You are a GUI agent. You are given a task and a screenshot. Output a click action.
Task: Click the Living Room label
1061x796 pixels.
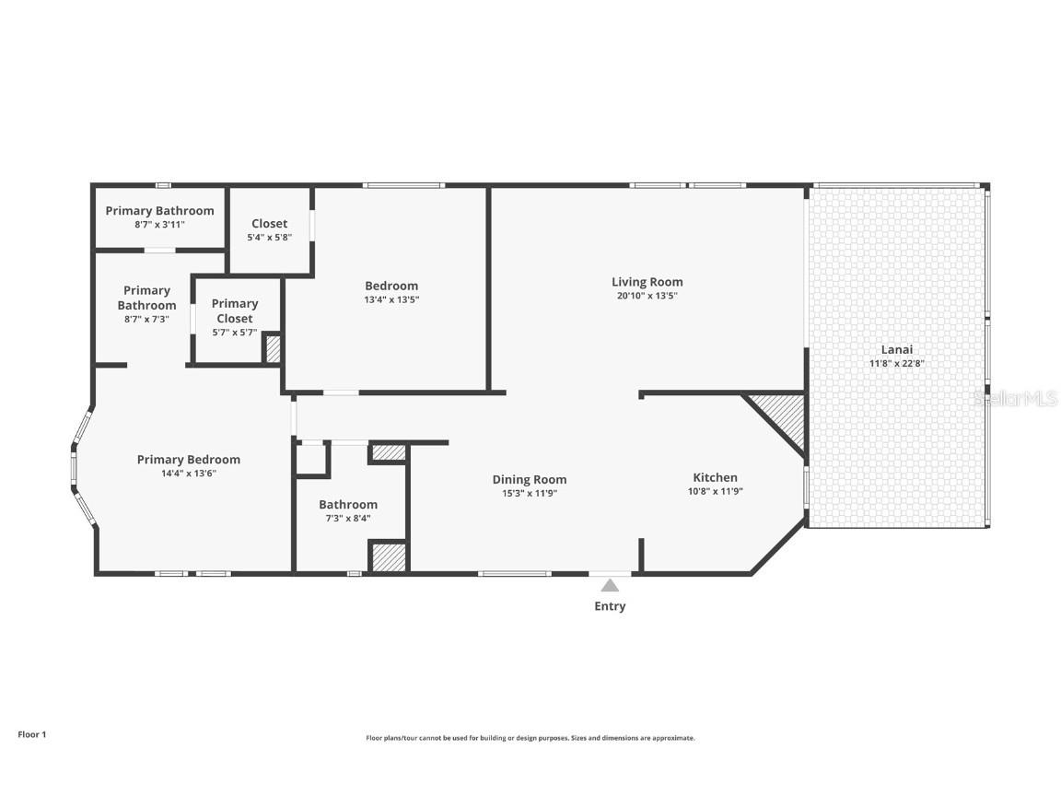(647, 282)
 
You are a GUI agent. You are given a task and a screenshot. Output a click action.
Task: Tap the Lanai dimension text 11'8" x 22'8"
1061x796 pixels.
(896, 363)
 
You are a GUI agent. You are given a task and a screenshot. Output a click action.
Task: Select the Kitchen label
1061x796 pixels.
(715, 477)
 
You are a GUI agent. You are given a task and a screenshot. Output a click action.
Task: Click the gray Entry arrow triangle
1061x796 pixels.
(610, 585)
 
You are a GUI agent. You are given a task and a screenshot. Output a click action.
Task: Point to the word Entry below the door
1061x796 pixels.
(610, 606)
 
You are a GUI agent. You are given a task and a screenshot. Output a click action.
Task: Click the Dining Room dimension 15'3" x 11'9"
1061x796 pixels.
(529, 493)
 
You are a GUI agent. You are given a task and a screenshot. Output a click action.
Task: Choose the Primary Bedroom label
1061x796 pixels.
(188, 460)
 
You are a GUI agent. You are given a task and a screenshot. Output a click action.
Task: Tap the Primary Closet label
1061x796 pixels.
(235, 310)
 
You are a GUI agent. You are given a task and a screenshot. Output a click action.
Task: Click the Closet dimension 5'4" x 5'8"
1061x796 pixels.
(269, 237)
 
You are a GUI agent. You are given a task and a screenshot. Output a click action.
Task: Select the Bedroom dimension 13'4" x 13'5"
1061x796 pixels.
(391, 299)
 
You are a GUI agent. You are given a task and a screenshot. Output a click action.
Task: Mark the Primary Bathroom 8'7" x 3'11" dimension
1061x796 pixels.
(159, 224)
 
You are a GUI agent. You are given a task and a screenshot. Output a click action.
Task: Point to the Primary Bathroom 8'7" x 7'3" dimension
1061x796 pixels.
(146, 319)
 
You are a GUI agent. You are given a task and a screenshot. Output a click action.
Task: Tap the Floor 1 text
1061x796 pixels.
(31, 734)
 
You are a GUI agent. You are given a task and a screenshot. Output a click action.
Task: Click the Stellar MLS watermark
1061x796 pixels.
(1016, 398)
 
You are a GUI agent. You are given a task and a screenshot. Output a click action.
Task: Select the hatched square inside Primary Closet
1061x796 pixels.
(273, 348)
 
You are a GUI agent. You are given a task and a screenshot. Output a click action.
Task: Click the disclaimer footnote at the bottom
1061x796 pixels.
(530, 738)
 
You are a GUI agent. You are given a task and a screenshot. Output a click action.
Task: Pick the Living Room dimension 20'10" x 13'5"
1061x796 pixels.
(647, 296)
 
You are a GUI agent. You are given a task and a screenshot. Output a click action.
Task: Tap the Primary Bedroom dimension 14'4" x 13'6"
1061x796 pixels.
(188, 473)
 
